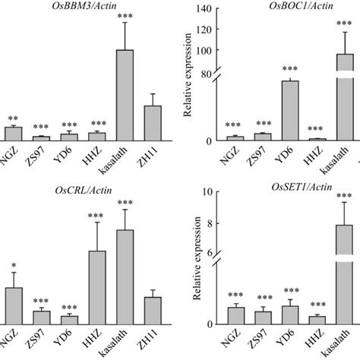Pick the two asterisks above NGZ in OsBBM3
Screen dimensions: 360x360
(14, 119)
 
